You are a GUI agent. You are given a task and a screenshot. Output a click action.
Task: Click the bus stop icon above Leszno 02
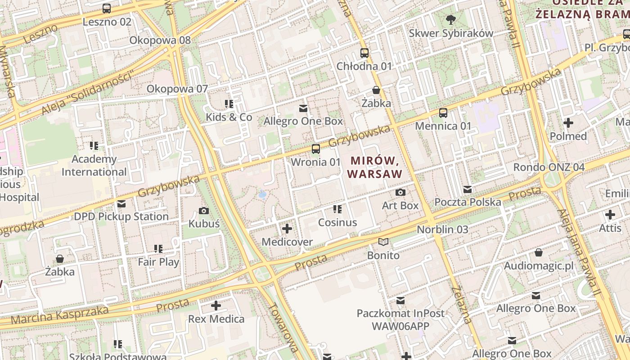[x=107, y=8]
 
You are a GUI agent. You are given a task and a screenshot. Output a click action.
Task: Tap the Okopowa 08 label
[x=160, y=40]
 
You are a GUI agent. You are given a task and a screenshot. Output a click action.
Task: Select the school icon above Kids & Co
[x=229, y=104]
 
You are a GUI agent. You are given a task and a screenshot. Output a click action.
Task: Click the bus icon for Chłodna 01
[x=364, y=53]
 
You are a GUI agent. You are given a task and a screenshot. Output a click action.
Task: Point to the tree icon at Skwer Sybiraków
[x=450, y=20]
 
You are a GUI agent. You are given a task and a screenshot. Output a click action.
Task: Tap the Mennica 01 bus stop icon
[x=443, y=112]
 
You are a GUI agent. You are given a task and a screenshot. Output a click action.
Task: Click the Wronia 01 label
[x=315, y=162]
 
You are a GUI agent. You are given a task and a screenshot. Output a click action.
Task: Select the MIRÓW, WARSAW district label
[x=375, y=167]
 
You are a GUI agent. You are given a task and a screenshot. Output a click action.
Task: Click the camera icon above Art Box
[x=400, y=193]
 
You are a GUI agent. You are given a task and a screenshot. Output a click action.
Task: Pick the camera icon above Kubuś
[x=204, y=211]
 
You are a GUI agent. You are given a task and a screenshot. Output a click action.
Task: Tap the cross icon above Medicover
[x=287, y=229]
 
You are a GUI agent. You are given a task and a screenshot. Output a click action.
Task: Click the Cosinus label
[x=337, y=222]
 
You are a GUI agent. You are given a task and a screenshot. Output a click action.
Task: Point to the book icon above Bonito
[x=383, y=242]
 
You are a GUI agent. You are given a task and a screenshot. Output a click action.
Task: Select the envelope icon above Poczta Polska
[x=468, y=189]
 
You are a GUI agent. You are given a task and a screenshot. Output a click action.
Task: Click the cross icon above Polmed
[x=568, y=122]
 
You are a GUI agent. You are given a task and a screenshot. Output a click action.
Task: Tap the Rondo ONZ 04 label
[x=549, y=167]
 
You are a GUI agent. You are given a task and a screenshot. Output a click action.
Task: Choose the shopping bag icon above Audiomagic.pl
[x=539, y=252]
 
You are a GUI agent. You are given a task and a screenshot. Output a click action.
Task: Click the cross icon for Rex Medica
[x=216, y=306]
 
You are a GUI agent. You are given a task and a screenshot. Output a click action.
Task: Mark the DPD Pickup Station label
[x=121, y=216]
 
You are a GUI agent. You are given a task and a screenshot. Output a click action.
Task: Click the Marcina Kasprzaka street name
[x=59, y=315]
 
